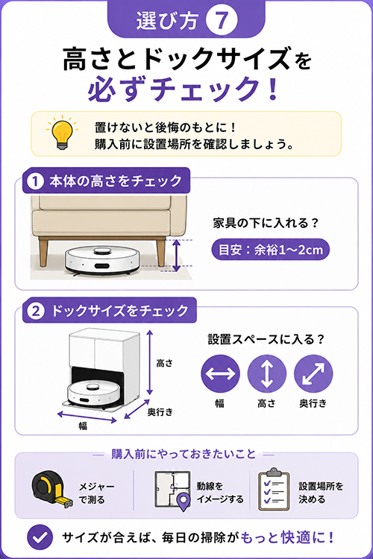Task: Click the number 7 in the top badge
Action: pos(222,20)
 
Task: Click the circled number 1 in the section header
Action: pos(35,181)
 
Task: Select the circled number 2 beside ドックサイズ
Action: pos(35,311)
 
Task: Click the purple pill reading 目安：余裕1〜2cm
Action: pos(270,250)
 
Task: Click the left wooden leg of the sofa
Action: pos(43,253)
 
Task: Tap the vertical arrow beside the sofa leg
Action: pos(176,255)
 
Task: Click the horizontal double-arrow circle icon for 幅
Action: pos(220,373)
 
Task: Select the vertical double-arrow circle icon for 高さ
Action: pos(266,373)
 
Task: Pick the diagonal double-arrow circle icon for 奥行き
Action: pos(313,373)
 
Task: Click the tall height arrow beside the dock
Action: pos(150,362)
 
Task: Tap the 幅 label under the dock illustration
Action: pos(83,426)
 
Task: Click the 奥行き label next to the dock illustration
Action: pos(160,412)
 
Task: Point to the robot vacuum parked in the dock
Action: pos(93,394)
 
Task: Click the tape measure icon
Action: pos(52,489)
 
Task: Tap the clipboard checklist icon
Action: pos(274,489)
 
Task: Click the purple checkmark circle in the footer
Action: pos(40,537)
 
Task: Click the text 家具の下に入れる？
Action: pos(266,224)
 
